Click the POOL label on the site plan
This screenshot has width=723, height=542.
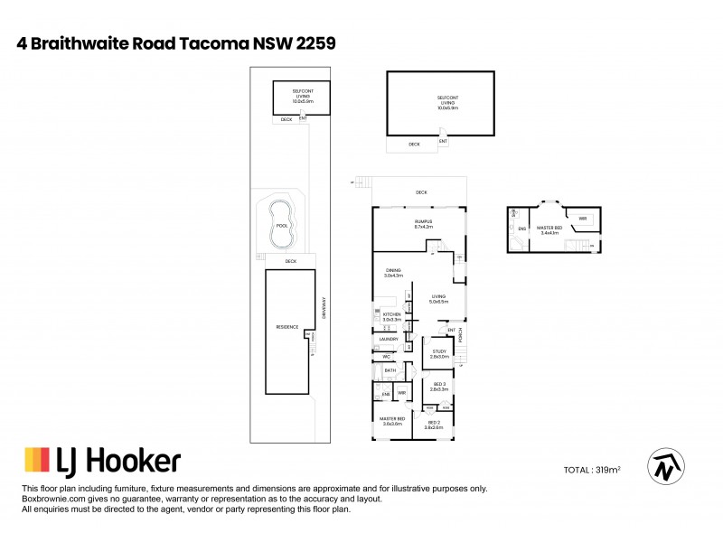pos(281,226)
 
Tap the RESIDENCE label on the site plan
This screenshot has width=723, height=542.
pos(286,327)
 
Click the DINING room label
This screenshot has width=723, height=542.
pos(392,272)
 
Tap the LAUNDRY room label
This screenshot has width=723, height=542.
pos(389,340)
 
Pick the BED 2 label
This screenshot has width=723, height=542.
pos(434,423)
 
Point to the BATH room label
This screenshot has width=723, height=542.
pos(390,370)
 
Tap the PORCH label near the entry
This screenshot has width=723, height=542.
pos(461,336)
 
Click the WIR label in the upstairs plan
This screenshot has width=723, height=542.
pos(583,219)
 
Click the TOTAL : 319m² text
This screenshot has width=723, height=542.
pos(593,471)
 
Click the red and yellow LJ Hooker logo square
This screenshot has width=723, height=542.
pos(36,461)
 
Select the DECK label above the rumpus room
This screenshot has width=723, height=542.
pos(421,192)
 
